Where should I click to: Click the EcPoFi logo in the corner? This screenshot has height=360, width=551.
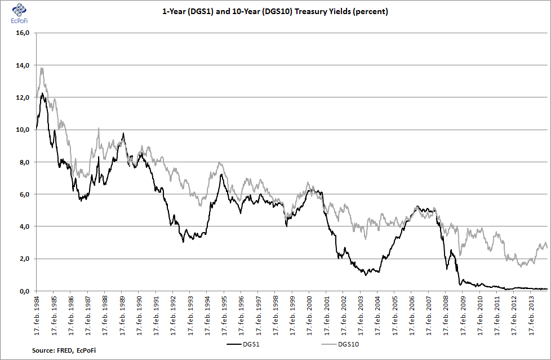(x=19, y=12)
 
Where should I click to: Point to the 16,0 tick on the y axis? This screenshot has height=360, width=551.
(x=22, y=33)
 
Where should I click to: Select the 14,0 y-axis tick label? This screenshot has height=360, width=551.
(x=22, y=65)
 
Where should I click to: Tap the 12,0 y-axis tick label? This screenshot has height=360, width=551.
(x=22, y=97)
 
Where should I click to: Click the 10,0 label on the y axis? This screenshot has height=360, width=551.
(x=22, y=130)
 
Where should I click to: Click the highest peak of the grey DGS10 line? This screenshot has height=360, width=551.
(x=42, y=68)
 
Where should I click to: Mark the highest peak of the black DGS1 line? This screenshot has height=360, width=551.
(x=42, y=93)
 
